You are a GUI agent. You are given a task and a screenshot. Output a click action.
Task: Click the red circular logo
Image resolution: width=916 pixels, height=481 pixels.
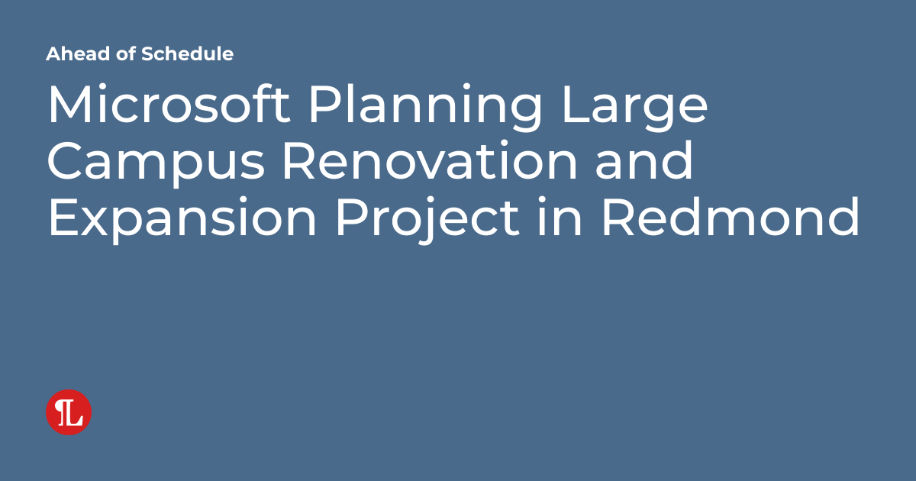[69, 412]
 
